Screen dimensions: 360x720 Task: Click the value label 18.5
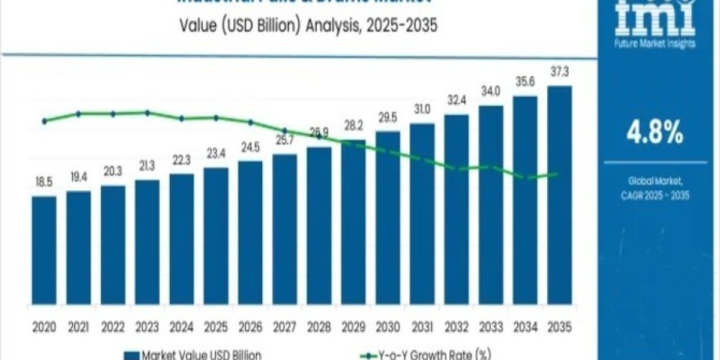pyautogui.click(x=44, y=182)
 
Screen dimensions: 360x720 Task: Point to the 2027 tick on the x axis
pyautogui.click(x=284, y=328)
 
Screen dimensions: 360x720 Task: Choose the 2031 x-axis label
pyautogui.click(x=422, y=328)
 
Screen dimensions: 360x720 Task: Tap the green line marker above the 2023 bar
pyautogui.click(x=147, y=112)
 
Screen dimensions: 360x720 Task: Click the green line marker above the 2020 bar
pyautogui.click(x=44, y=121)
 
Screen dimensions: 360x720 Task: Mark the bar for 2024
pyautogui.click(x=182, y=245)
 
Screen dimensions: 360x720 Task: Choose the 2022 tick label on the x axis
pyautogui.click(x=113, y=328)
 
